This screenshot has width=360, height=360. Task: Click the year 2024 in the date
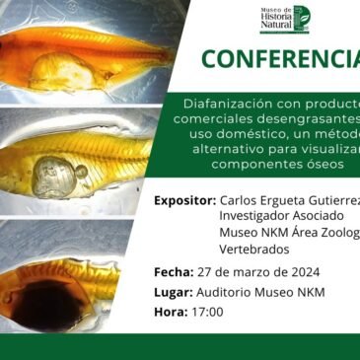coord(300,272)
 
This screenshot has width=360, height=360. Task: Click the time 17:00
coord(207,312)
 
